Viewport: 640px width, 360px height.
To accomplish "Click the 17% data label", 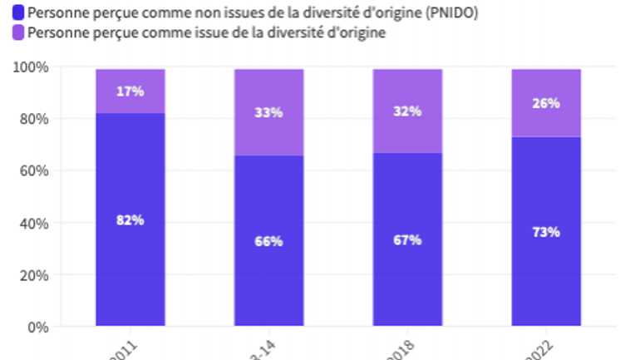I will point(130,91).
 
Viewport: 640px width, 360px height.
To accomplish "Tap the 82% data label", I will point(130,220).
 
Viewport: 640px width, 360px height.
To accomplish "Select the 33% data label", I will point(268,112).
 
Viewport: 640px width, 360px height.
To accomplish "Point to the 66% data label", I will point(268,241).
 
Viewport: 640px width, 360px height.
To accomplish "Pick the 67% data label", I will point(407,239).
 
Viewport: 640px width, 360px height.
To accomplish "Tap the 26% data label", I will point(546,104).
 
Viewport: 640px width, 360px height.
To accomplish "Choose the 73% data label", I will point(546,232).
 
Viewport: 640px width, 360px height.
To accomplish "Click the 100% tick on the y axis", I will point(31,67).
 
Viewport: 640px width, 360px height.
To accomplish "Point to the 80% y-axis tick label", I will point(34,119).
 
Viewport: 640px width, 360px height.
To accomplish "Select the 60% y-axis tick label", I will point(34,171).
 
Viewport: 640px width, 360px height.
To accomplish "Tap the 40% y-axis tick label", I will point(34,224).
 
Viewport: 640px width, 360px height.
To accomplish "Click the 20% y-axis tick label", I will point(34,275).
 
